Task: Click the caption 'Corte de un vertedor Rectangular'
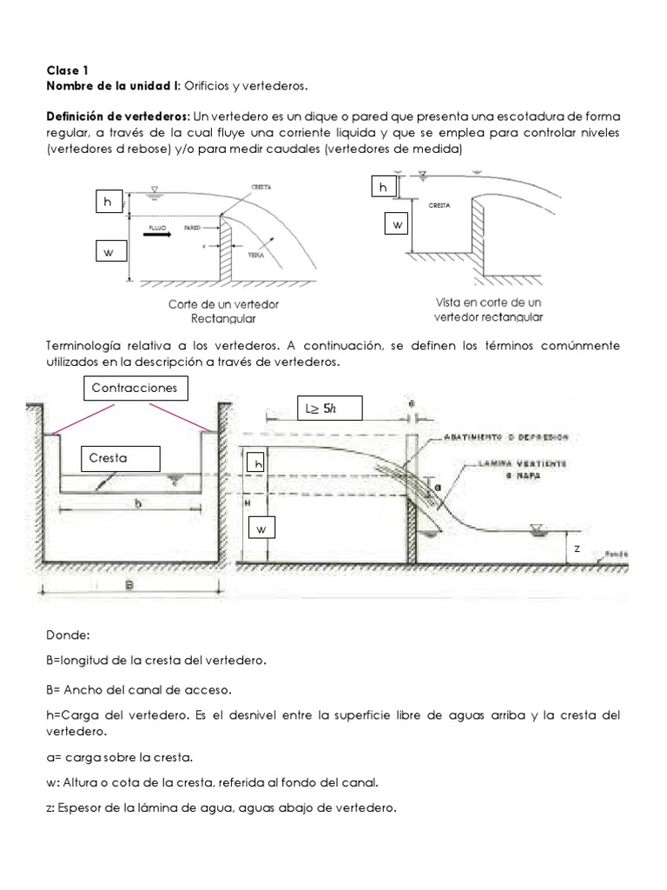(x=223, y=311)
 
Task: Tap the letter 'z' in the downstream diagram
(x=576, y=549)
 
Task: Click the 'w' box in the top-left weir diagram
(x=110, y=253)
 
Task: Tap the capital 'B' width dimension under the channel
(x=129, y=585)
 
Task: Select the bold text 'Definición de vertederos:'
(x=118, y=116)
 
